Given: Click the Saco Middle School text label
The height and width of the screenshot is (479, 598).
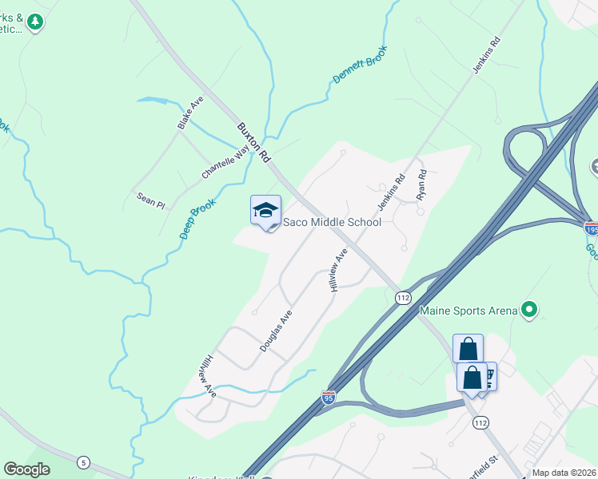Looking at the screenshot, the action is pyautogui.click(x=333, y=223).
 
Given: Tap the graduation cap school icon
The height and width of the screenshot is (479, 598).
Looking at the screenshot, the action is pyautogui.click(x=265, y=211).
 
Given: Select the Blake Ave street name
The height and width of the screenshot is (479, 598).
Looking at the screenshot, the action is pyautogui.click(x=190, y=113).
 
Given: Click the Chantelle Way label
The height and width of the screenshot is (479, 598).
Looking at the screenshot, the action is pyautogui.click(x=225, y=162).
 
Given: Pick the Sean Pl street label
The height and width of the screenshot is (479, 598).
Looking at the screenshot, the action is pyautogui.click(x=150, y=200).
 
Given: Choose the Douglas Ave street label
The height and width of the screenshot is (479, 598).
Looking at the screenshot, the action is pyautogui.click(x=276, y=331).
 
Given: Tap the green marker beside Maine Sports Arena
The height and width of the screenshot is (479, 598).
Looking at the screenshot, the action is pyautogui.click(x=528, y=308).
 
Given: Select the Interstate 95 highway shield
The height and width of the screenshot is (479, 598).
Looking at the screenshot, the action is pyautogui.click(x=328, y=396).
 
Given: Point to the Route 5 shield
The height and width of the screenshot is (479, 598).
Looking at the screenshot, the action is pyautogui.click(x=83, y=462).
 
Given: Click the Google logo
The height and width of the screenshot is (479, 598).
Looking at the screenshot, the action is pyautogui.click(x=26, y=469).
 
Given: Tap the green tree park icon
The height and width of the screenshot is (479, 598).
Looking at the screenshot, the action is pyautogui.click(x=34, y=22).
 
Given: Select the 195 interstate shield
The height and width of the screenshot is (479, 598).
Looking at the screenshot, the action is pyautogui.click(x=591, y=229).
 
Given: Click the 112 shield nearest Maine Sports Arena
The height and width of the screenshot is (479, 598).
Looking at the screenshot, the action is pyautogui.click(x=403, y=298).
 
